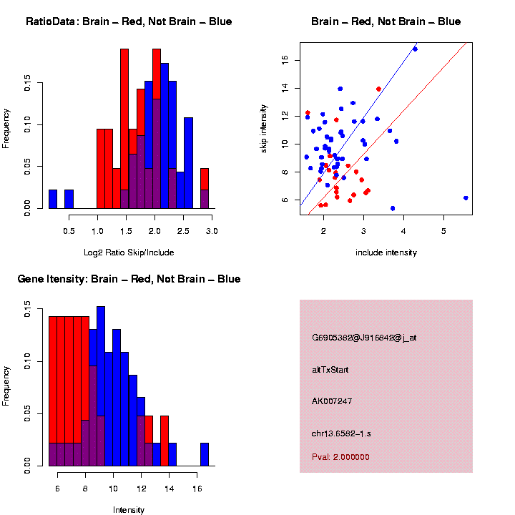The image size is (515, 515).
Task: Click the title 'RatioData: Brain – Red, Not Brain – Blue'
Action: (129, 21)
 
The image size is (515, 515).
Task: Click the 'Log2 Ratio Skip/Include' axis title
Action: (128, 252)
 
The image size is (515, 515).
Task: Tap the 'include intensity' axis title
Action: (386, 252)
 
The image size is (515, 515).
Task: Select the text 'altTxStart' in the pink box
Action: (330, 370)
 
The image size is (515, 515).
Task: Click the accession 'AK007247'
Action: (333, 401)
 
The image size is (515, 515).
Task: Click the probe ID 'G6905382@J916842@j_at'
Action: (364, 338)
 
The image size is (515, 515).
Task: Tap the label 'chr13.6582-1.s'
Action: (341, 433)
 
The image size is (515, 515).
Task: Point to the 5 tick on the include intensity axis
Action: (443, 231)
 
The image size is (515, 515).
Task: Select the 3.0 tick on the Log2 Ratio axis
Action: (212, 231)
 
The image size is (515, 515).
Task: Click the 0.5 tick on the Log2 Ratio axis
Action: (69, 231)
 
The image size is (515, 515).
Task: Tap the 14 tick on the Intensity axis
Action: (170, 489)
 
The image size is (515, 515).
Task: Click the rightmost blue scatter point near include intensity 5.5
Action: (466, 198)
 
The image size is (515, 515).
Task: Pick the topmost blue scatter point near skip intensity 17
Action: (415, 49)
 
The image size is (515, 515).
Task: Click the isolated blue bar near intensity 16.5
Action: (205, 455)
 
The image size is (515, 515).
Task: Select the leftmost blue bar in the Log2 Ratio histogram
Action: (53, 200)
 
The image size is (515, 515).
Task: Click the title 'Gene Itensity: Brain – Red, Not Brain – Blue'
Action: (129, 279)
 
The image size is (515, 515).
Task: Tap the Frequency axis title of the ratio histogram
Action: (6, 128)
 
